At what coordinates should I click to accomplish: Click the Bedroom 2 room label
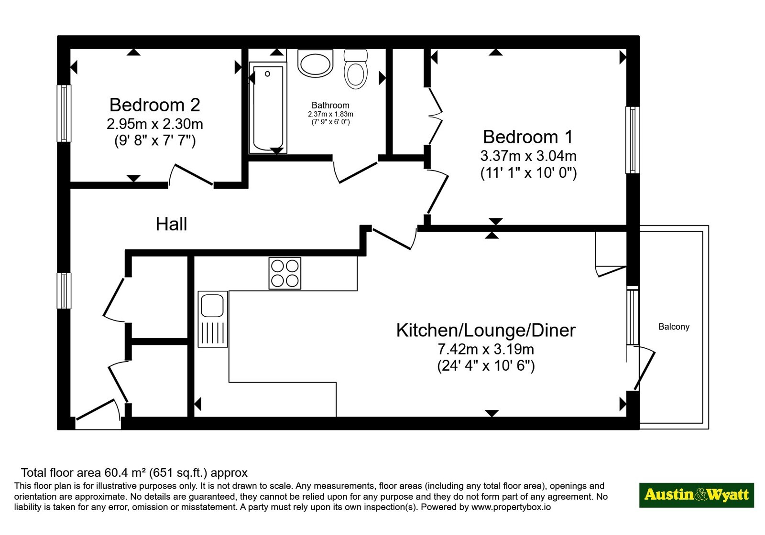tap(155, 105)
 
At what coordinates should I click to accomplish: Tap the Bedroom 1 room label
tap(528, 137)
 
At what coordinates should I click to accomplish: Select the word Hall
tap(172, 224)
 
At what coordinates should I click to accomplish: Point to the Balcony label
tap(674, 327)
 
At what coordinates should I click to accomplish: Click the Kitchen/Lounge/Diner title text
tap(486, 330)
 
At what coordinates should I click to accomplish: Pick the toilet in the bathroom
tap(356, 69)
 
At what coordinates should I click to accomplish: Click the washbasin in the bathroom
tap(315, 63)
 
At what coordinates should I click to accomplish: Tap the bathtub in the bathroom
tap(268, 108)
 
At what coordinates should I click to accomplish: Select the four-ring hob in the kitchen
tap(285, 273)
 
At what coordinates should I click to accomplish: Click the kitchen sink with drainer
tap(213, 319)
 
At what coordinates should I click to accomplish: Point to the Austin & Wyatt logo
tap(697, 495)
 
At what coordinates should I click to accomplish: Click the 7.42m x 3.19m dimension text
tap(486, 349)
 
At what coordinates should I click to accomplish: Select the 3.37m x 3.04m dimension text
tap(528, 156)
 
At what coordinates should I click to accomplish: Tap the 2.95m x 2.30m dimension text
tap(155, 124)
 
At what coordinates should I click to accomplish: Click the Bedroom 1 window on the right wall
tap(633, 140)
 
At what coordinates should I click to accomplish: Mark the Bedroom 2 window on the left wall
tap(64, 113)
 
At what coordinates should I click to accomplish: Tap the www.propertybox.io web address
tap(511, 507)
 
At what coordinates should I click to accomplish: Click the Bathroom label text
tap(330, 105)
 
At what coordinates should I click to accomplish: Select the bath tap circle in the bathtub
tap(267, 74)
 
